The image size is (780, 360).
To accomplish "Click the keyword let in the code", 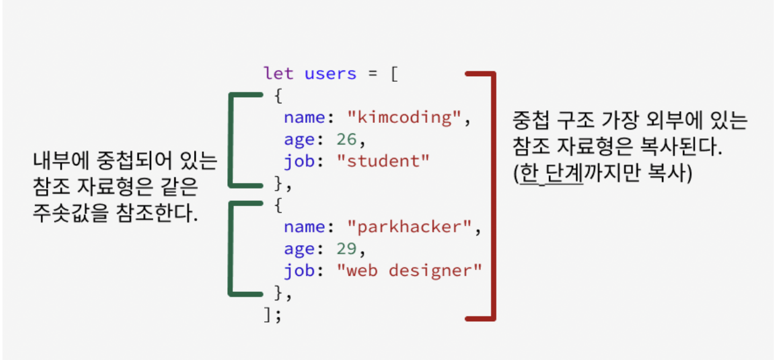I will coord(278,74).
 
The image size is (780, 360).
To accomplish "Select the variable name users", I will coord(330,74).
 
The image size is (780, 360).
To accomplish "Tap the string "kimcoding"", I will coord(404,117).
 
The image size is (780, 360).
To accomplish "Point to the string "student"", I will coord(383,162).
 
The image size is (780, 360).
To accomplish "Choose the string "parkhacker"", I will coord(408,227).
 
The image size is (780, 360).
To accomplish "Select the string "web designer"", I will coord(410,271).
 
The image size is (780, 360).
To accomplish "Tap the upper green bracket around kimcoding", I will coord(231,139).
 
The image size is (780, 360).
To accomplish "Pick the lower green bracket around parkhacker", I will coord(231,249).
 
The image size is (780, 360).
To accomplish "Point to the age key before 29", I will coord(299,249).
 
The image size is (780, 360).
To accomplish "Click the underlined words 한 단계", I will coord(552,174).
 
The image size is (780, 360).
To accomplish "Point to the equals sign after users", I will coord(372,74).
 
